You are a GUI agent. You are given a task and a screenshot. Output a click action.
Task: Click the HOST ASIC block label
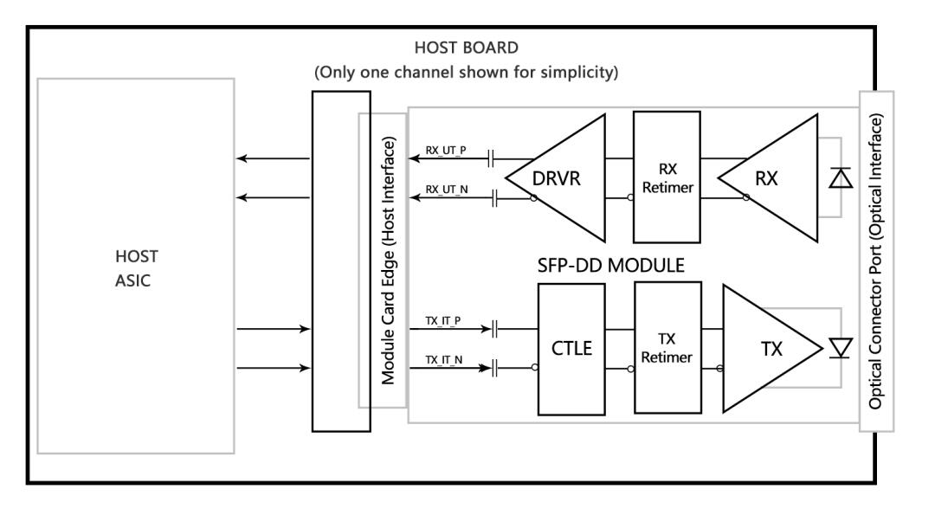135,270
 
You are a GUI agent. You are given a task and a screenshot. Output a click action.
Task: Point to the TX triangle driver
765,349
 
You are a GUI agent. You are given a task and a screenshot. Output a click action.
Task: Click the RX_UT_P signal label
447,149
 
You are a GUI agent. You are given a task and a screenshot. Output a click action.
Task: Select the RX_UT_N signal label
447,190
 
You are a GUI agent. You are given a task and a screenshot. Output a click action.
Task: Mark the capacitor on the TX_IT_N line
496,369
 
